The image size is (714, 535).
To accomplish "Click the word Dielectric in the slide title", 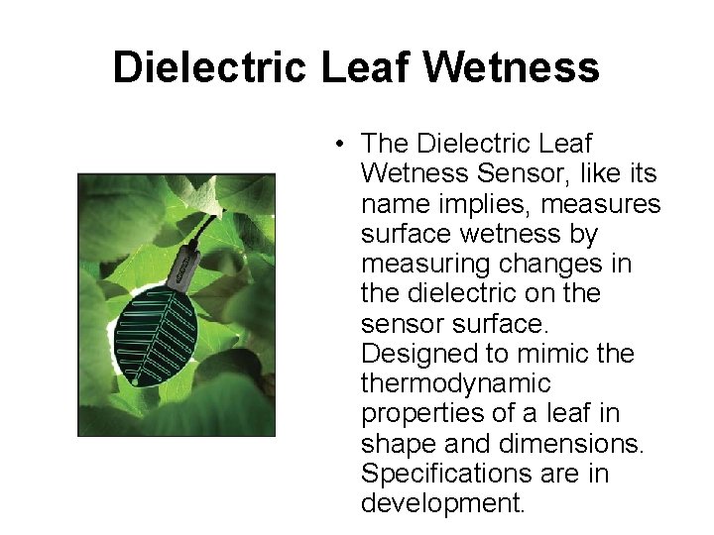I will pos(210,68).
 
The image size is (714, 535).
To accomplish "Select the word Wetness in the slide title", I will pos(512,68).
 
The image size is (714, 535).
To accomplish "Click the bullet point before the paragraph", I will pos(339,145).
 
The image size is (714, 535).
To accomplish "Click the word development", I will pos(440,504).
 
